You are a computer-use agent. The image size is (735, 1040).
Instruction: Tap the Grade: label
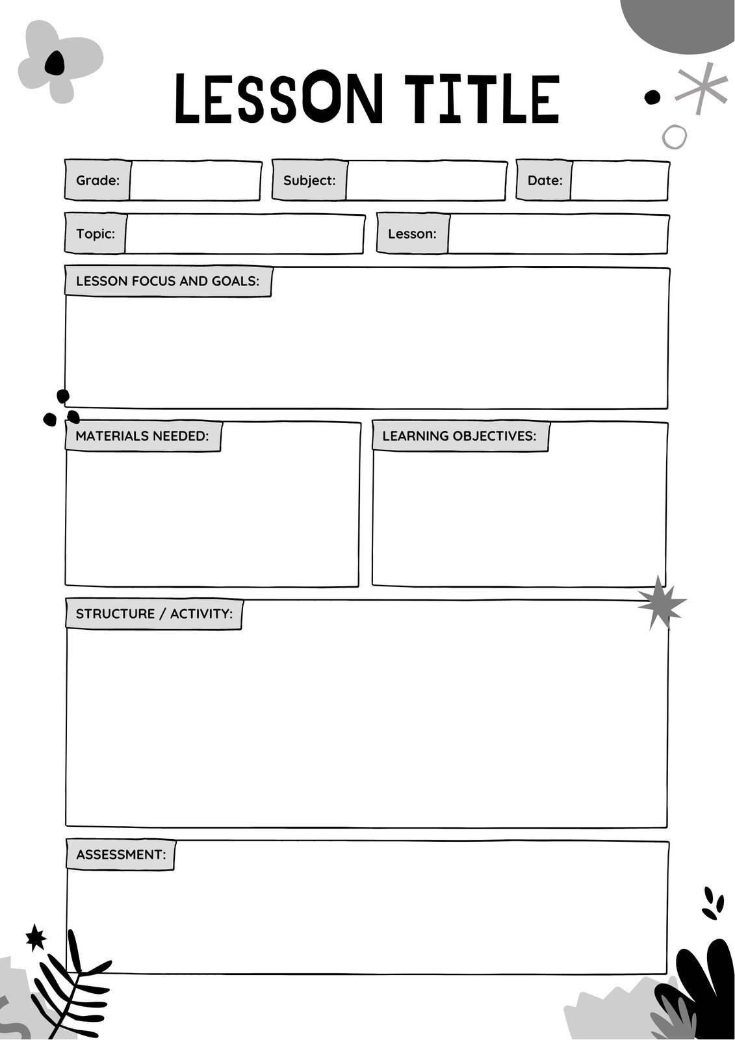98,181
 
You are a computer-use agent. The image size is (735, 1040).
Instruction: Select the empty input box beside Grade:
195,181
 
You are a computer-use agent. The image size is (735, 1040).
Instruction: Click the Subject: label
309,181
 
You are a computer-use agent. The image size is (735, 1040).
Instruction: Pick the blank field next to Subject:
426,181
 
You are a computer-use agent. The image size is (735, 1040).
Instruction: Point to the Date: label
545,181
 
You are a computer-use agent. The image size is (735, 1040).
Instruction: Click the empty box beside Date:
619,181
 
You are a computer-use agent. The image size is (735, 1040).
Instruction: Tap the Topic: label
96,234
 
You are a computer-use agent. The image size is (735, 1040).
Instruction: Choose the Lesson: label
412,234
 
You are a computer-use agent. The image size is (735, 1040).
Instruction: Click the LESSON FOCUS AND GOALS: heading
168,281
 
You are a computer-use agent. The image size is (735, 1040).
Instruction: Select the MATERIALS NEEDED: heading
142,436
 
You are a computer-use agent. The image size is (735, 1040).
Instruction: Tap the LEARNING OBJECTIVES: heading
459,436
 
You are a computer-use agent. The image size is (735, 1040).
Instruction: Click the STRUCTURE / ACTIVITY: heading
154,614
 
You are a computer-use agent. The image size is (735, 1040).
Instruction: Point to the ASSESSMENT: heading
121,855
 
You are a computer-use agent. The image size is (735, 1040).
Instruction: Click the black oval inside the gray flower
55,62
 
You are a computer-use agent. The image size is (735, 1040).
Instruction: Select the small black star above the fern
35,938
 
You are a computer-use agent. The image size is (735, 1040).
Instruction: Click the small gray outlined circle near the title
674,136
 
